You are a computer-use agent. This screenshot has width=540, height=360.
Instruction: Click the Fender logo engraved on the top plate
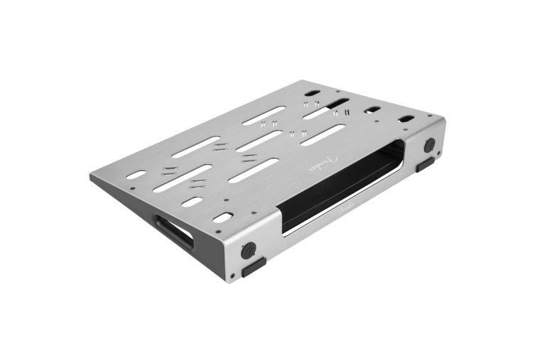point(320,168)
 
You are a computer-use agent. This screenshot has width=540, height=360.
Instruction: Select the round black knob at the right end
point(429,146)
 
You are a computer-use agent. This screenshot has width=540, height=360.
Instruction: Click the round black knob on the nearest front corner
point(248,250)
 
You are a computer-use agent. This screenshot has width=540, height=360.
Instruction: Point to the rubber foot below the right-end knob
point(425,165)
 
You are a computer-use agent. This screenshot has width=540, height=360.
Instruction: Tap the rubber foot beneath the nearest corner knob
point(253,268)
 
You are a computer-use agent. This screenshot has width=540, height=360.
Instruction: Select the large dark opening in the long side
point(341,186)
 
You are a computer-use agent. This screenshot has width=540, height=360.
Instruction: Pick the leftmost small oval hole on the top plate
point(136,174)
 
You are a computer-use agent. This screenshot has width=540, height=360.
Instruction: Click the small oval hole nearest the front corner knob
point(222,217)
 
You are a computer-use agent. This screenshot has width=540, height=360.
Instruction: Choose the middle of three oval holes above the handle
point(192,202)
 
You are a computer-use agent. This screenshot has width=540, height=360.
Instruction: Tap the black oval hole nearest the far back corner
point(313,93)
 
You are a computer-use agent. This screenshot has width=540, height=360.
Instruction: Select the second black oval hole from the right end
point(372,109)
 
